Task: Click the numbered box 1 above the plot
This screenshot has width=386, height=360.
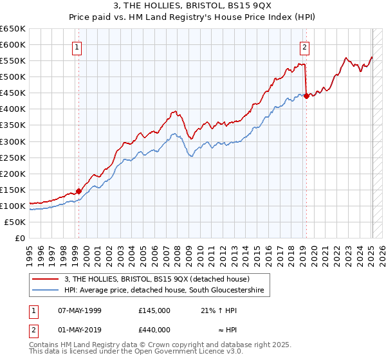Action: (77, 46)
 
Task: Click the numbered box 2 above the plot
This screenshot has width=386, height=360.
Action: (304, 46)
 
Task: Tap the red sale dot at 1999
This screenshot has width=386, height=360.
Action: (78, 191)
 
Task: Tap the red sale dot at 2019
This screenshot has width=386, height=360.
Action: (306, 96)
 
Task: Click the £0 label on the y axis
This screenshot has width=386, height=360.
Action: (21, 239)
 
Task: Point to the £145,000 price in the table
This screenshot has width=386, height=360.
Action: (154, 310)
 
